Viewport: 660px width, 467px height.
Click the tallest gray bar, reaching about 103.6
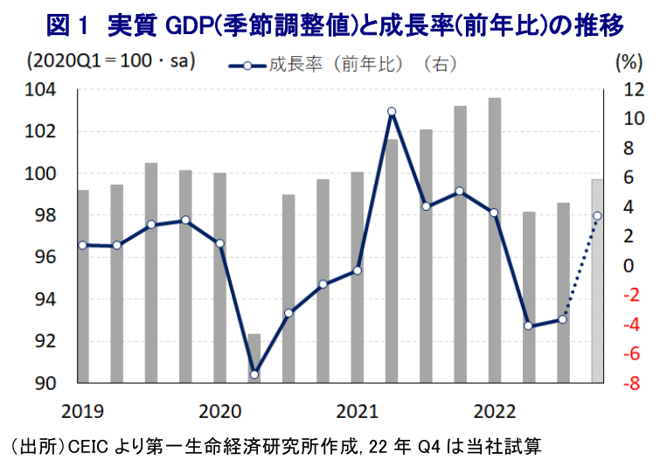(x=494, y=240)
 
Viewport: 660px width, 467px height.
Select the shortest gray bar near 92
(x=254, y=359)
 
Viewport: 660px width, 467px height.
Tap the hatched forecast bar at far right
(x=597, y=281)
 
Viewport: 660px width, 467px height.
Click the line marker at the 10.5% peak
(x=392, y=111)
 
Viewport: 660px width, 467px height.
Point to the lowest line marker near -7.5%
(x=254, y=374)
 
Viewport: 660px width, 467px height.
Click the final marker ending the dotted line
(x=597, y=216)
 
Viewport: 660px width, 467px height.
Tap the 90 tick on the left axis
(x=45, y=383)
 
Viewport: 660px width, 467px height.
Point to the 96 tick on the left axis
(x=45, y=257)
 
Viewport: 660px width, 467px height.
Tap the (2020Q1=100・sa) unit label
(x=111, y=62)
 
